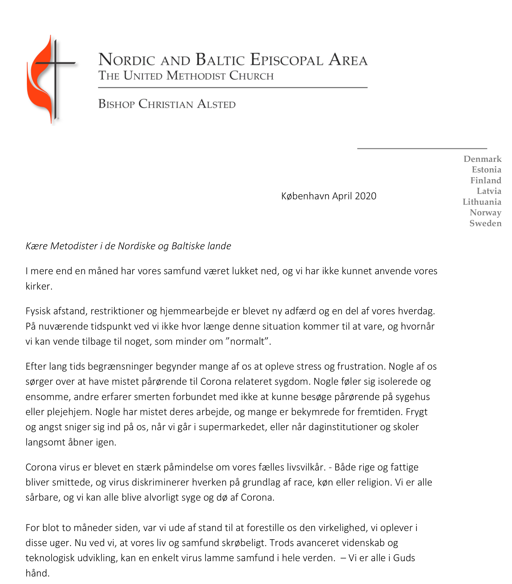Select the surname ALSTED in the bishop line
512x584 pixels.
(216, 104)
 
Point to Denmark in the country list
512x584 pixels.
(482, 159)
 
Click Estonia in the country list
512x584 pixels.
(486, 170)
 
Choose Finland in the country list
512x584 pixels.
(485, 180)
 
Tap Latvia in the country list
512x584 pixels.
(489, 191)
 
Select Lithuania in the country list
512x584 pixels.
(482, 202)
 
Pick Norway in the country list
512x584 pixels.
(485, 212)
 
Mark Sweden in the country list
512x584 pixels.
(485, 223)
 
